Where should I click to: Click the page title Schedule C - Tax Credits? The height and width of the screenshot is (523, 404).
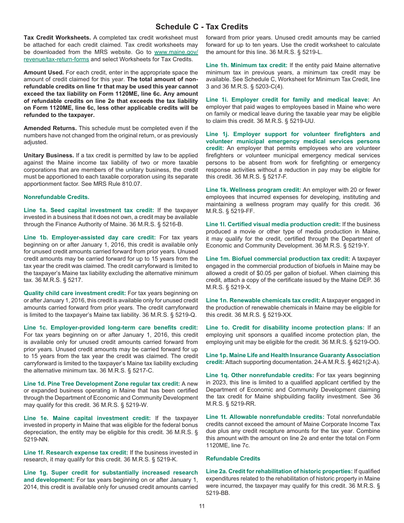(202, 27)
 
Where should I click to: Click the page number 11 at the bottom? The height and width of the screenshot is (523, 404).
(202, 506)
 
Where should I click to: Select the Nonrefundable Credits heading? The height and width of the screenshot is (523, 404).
(57, 197)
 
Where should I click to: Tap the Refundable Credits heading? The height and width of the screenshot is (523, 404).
(233, 458)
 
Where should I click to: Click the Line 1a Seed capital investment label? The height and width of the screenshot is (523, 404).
(89, 210)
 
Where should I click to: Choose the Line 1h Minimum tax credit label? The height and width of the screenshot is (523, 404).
(247, 65)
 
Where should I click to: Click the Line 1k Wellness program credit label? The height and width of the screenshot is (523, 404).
(253, 190)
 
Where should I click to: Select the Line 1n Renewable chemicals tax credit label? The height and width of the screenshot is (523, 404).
(263, 300)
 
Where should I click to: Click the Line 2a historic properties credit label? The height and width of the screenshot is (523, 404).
(279, 471)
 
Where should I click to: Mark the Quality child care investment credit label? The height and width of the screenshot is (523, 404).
(75, 293)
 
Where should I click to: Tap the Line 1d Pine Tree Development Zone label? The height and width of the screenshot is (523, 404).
(102, 384)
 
